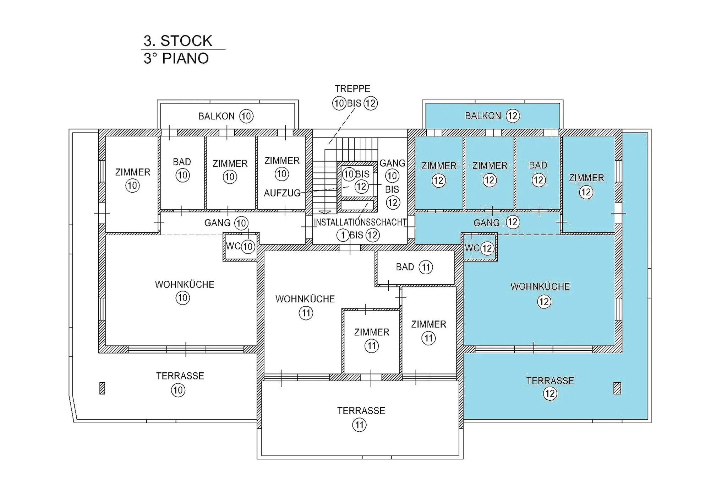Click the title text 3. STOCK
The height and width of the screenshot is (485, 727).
tap(177, 41)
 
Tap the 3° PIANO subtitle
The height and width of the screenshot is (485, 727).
tap(176, 59)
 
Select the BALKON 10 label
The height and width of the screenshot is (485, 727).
tap(226, 116)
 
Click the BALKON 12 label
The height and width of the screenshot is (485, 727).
tap(492, 116)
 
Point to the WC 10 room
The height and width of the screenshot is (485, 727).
tap(240, 247)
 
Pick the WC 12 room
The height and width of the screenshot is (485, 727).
tap(479, 247)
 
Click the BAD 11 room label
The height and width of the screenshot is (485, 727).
tap(414, 267)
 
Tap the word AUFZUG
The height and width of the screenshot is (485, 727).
tap(282, 193)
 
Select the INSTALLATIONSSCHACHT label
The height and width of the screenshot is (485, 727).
tap(360, 222)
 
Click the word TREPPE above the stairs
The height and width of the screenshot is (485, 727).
tap(352, 88)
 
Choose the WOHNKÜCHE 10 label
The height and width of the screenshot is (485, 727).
tap(184, 291)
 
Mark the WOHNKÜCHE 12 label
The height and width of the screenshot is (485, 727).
tap(540, 294)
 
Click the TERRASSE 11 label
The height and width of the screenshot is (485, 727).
tap(361, 418)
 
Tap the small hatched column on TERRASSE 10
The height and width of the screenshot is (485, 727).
tap(102, 388)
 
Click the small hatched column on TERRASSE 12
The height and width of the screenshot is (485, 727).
tap(617, 388)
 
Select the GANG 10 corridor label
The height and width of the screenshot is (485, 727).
tap(226, 223)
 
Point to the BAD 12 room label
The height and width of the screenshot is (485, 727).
tap(538, 173)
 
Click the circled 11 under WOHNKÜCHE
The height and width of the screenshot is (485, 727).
tap(306, 313)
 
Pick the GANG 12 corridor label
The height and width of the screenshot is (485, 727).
tap(496, 223)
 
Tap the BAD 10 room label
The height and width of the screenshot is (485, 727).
tap(182, 169)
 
